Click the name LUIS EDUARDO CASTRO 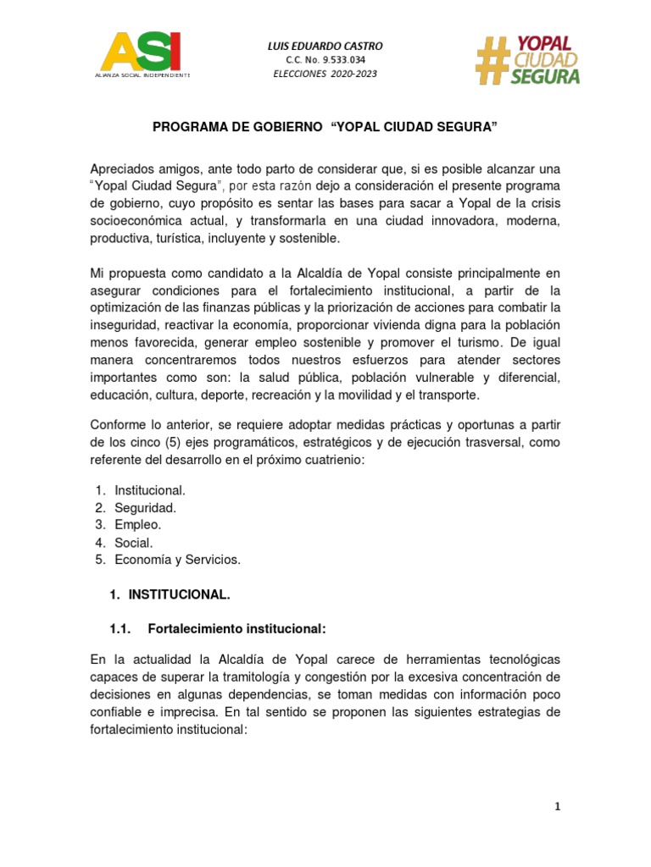(x=325, y=45)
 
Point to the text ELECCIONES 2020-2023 (x=325, y=74)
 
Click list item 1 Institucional (x=149, y=490)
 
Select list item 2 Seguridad (x=145, y=507)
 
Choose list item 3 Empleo (x=137, y=525)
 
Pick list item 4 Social (x=134, y=542)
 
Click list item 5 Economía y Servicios (x=177, y=559)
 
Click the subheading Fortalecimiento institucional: (x=236, y=629)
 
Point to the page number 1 (x=557, y=808)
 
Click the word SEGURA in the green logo (x=546, y=77)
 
